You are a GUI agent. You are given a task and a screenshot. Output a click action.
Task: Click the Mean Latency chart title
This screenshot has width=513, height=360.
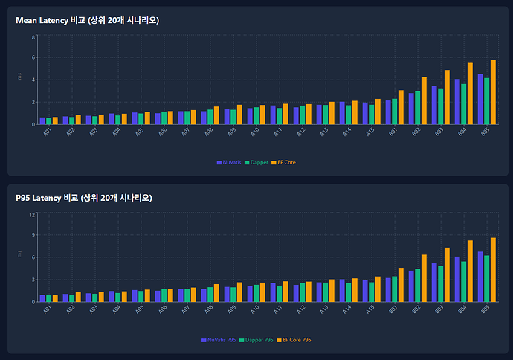coord(87,20)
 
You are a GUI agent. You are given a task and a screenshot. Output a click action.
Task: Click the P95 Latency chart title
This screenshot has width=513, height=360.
coord(84,198)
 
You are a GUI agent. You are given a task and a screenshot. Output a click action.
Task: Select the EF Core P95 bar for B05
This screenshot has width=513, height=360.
coord(492,270)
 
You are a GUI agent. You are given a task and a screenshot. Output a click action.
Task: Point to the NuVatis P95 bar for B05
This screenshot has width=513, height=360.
coord(480,277)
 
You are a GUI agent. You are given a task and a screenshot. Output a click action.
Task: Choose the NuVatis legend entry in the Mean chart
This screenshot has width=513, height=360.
coord(228,162)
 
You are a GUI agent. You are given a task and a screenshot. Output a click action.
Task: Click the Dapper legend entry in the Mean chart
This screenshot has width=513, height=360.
coord(256,162)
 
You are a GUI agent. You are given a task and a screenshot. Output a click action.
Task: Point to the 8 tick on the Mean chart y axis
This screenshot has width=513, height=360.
coord(33,36)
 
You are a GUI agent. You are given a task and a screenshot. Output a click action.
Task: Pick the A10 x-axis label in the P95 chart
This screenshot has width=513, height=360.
coord(255,309)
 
